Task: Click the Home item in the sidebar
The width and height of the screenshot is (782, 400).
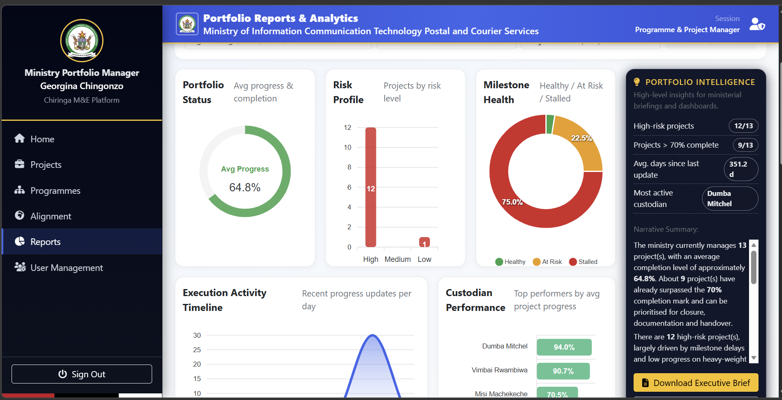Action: pos(42,139)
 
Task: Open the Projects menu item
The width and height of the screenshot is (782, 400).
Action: pos(46,165)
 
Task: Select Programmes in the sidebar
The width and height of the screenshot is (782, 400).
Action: pos(55,191)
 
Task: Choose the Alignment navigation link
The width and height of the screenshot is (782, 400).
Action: pos(51,216)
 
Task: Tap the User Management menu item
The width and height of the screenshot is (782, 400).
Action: pos(66,268)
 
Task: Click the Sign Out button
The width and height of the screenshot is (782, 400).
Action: pos(82,374)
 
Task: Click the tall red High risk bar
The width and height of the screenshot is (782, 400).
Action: pos(371,188)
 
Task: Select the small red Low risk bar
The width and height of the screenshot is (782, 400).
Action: pos(424,242)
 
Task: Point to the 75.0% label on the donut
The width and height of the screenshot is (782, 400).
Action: pos(512,202)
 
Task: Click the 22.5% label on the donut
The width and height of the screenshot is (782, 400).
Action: pos(581,138)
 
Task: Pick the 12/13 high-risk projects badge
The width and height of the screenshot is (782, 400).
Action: pos(743,126)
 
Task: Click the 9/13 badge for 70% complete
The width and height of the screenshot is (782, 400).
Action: pos(745,145)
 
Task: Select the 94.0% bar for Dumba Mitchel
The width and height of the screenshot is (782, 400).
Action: pos(564,347)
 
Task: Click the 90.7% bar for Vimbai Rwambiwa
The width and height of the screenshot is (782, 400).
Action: pos(563,371)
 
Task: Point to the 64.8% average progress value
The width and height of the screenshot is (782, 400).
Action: pos(245,188)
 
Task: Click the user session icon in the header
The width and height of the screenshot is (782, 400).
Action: pos(757,24)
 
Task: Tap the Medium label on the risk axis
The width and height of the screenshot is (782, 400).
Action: pos(397,259)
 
